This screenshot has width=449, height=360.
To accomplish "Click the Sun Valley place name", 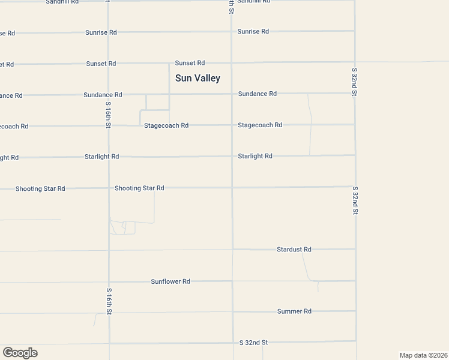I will coord(197,78).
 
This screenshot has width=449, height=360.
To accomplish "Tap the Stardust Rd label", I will coord(294,249).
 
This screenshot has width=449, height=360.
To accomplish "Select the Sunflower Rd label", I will coord(170,281).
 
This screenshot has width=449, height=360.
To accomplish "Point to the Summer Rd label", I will coord(294,311).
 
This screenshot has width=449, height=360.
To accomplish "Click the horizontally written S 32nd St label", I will coord(253,343).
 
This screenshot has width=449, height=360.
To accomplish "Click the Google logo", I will coord(20,353).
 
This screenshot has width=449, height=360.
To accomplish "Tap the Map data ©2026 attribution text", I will coord(423,355).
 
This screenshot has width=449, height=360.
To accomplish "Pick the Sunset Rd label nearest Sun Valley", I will coord(190,63).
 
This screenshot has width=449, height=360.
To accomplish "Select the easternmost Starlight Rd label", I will coord(255,156).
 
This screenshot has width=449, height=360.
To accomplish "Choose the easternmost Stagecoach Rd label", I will coord(260,125).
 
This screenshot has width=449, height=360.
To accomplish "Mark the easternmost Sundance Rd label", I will coord(258,94).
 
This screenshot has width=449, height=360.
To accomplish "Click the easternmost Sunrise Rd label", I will coord(253,31).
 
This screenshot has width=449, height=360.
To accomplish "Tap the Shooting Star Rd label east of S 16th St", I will coord(139,188).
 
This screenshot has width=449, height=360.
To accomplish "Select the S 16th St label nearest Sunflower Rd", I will coord(109,300).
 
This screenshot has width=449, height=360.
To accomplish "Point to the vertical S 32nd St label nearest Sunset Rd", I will coord(354,82).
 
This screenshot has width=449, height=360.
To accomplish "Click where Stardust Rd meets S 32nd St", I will coord(355,249).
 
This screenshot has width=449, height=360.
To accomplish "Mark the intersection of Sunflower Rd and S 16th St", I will coord(109,281).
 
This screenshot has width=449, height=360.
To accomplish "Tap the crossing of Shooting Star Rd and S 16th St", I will coord(109,188).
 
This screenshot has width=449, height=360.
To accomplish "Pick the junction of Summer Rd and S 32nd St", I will coord(355,311).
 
